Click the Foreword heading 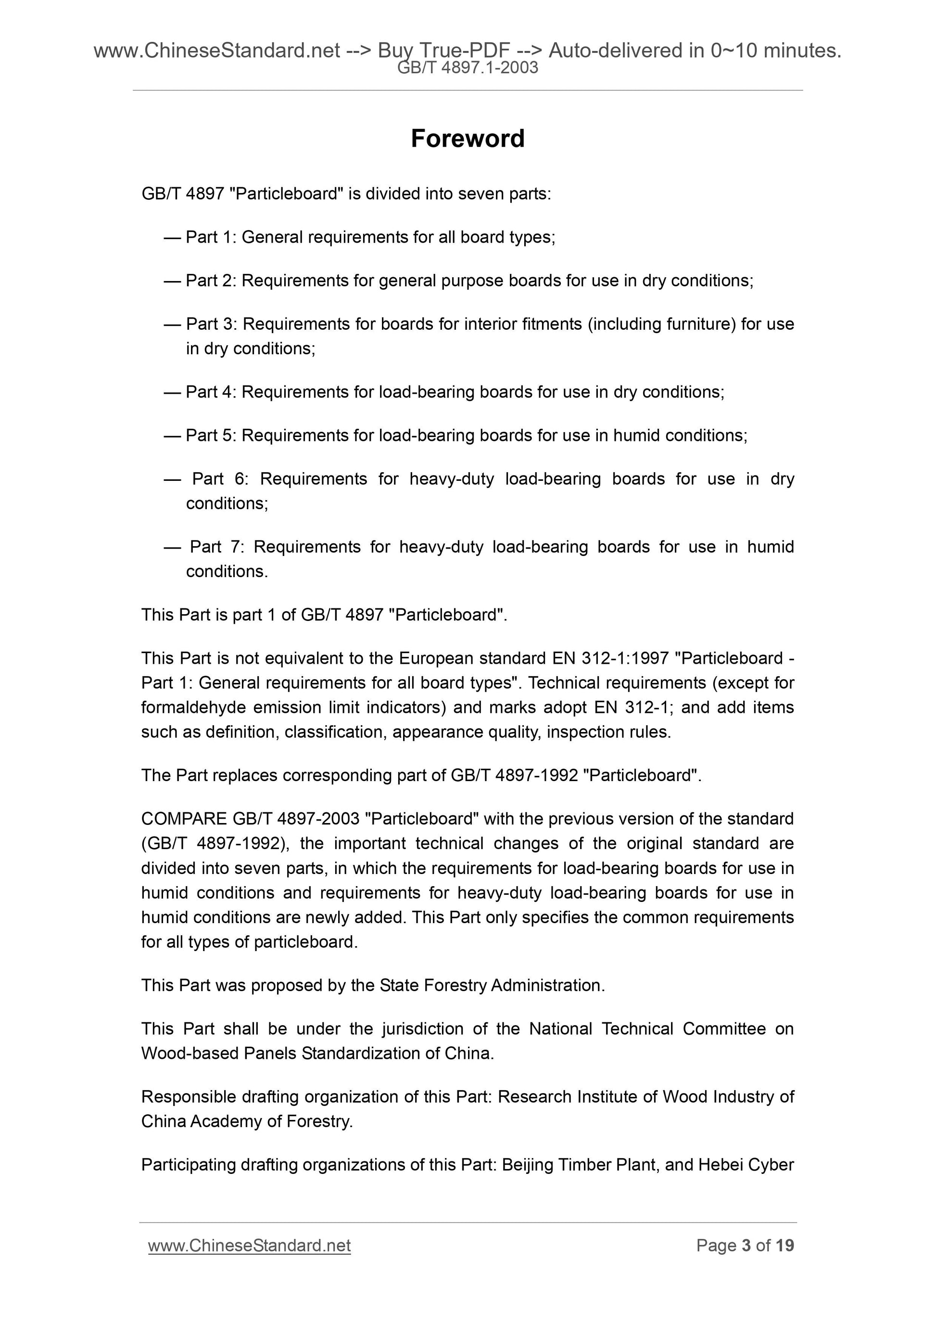467,139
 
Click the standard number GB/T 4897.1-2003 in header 467,68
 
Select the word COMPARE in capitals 184,819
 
